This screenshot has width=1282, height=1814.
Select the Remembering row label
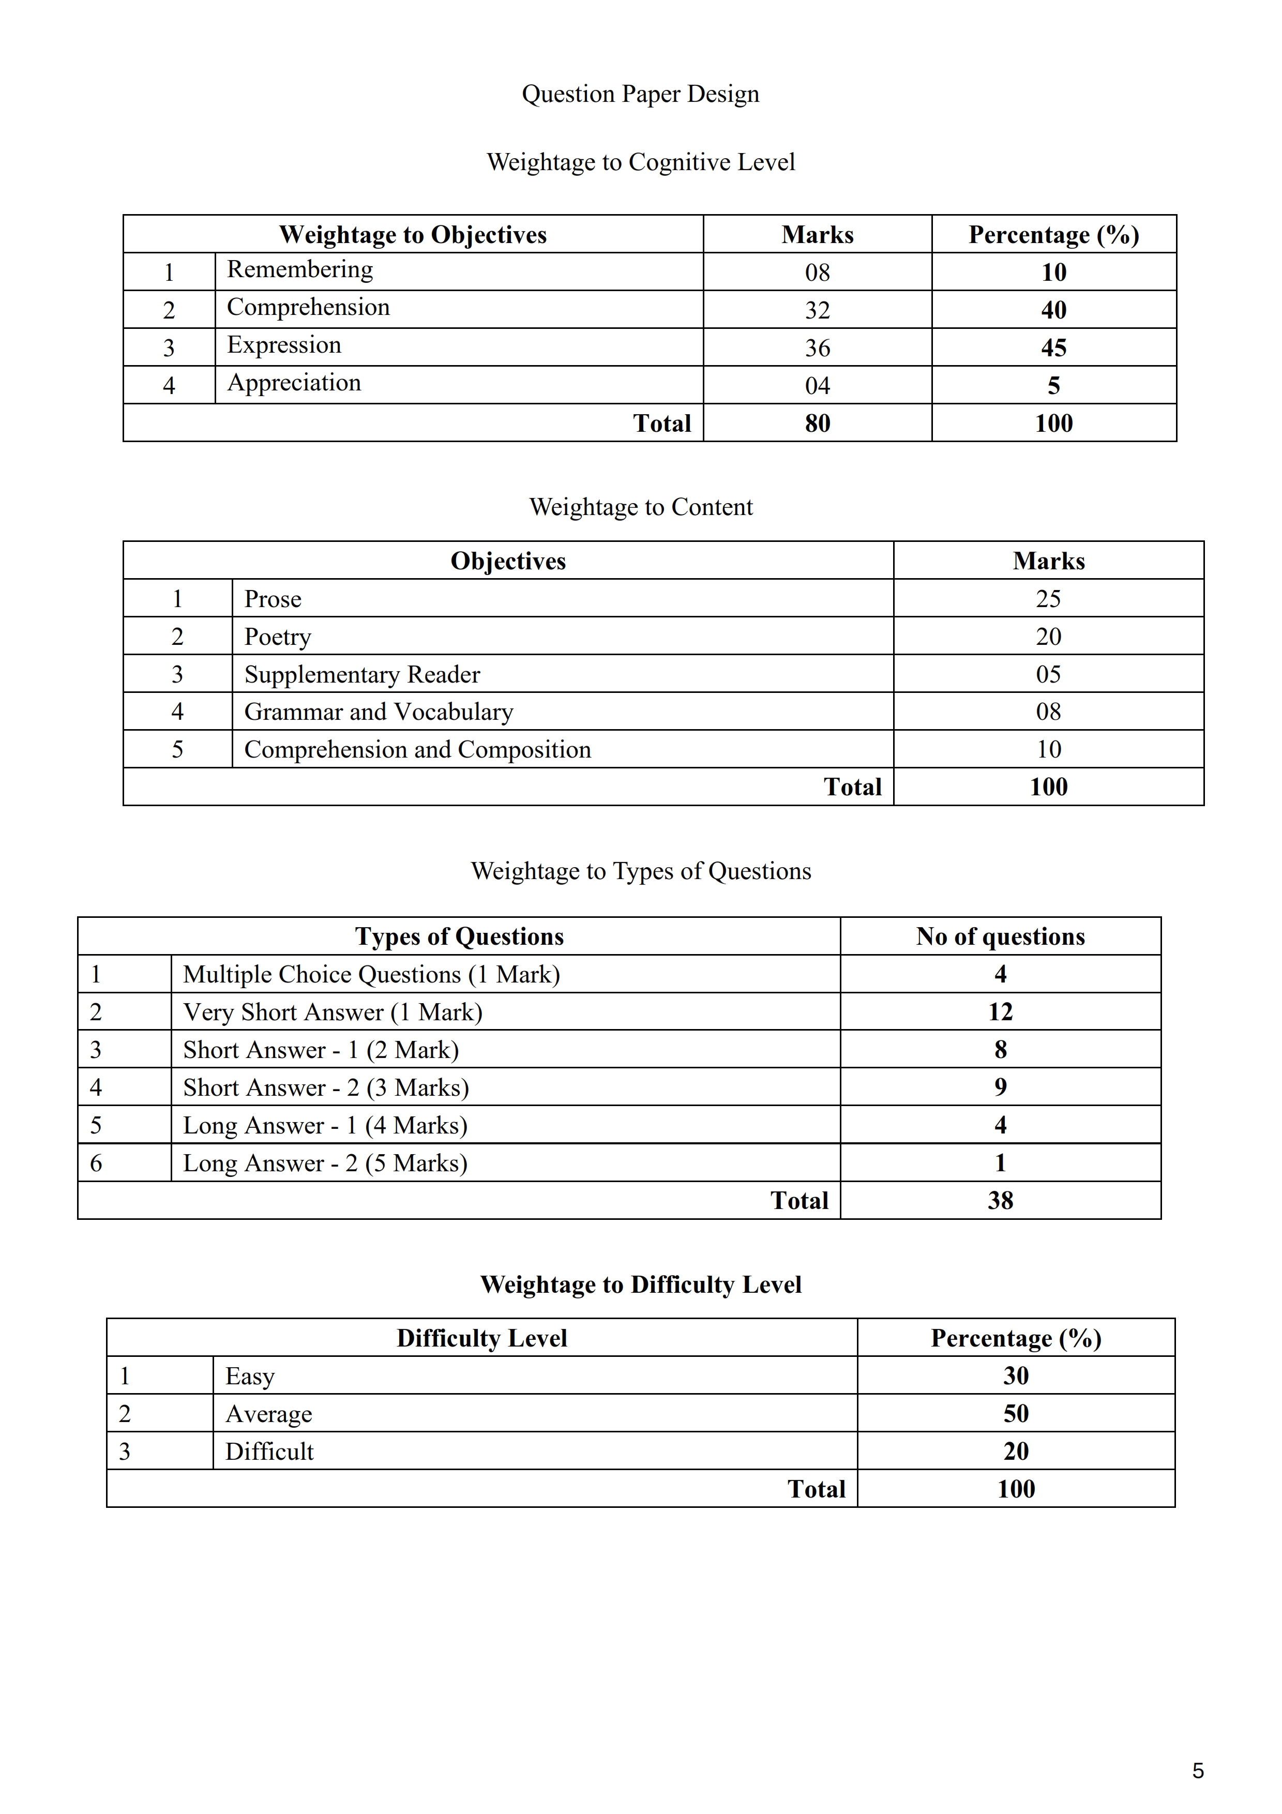point(299,269)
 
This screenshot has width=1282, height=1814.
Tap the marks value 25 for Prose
point(1048,599)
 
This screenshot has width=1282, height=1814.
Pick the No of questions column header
point(1000,937)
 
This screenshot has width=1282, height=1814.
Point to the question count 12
point(1000,1012)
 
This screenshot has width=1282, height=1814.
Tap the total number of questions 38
point(1000,1201)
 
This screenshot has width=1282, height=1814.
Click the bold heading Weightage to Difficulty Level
point(641,1284)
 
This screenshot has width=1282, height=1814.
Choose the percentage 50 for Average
point(1016,1413)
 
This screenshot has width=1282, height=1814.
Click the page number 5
point(1198,1771)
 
